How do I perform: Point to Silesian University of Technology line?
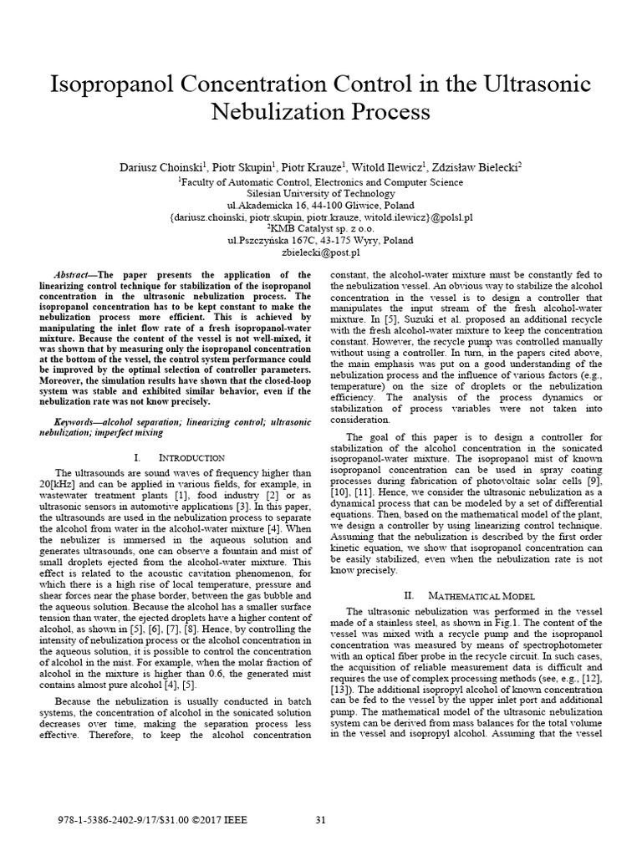(321, 191)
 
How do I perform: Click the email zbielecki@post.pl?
(321, 252)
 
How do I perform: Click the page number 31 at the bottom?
(320, 819)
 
